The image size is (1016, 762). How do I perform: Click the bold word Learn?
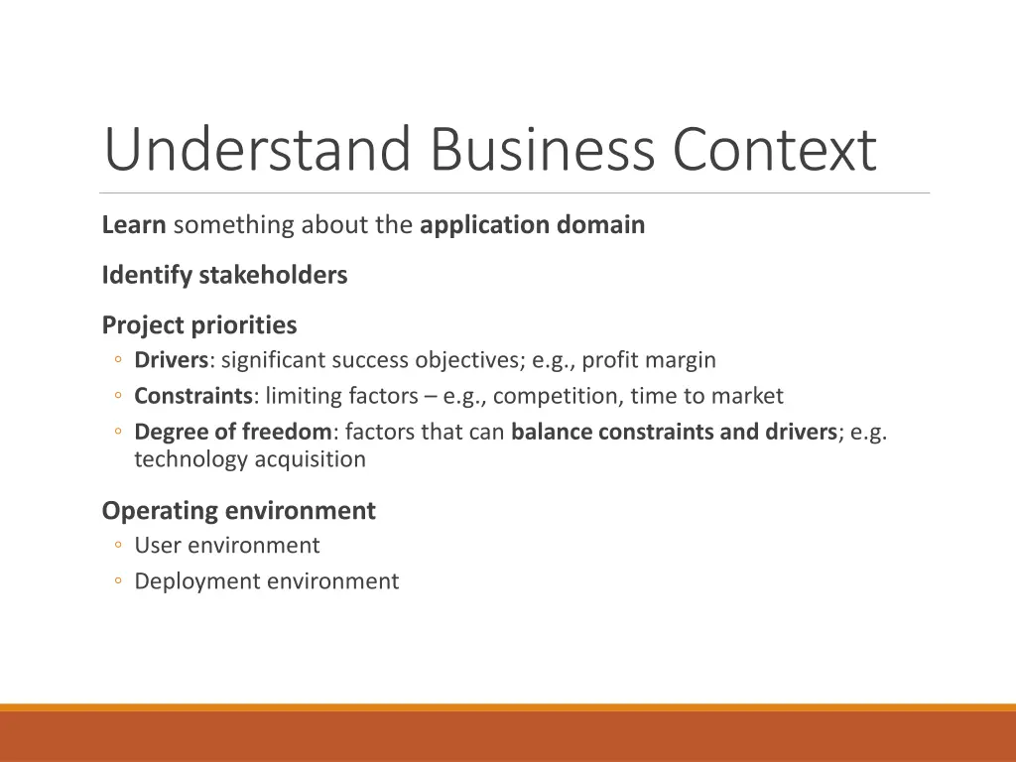coord(133,225)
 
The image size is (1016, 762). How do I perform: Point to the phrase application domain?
coord(532,225)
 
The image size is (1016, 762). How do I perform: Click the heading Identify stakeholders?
coord(224,275)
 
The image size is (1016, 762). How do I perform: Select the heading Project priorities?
coord(198,324)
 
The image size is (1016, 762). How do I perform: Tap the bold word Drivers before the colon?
coord(171,360)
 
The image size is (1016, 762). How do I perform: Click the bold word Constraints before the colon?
coord(193,396)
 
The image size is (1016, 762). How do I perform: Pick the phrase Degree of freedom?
coord(233,432)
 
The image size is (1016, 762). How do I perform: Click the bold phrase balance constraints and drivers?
coord(674,432)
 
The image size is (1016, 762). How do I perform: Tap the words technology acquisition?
coord(250,459)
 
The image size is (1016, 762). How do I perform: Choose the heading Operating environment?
coord(238,511)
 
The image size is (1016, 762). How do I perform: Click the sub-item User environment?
coord(227,546)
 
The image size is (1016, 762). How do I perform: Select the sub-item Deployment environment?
coord(266,581)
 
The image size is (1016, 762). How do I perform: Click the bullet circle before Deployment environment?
coord(118,582)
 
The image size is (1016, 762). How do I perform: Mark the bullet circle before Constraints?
coord(118,397)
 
